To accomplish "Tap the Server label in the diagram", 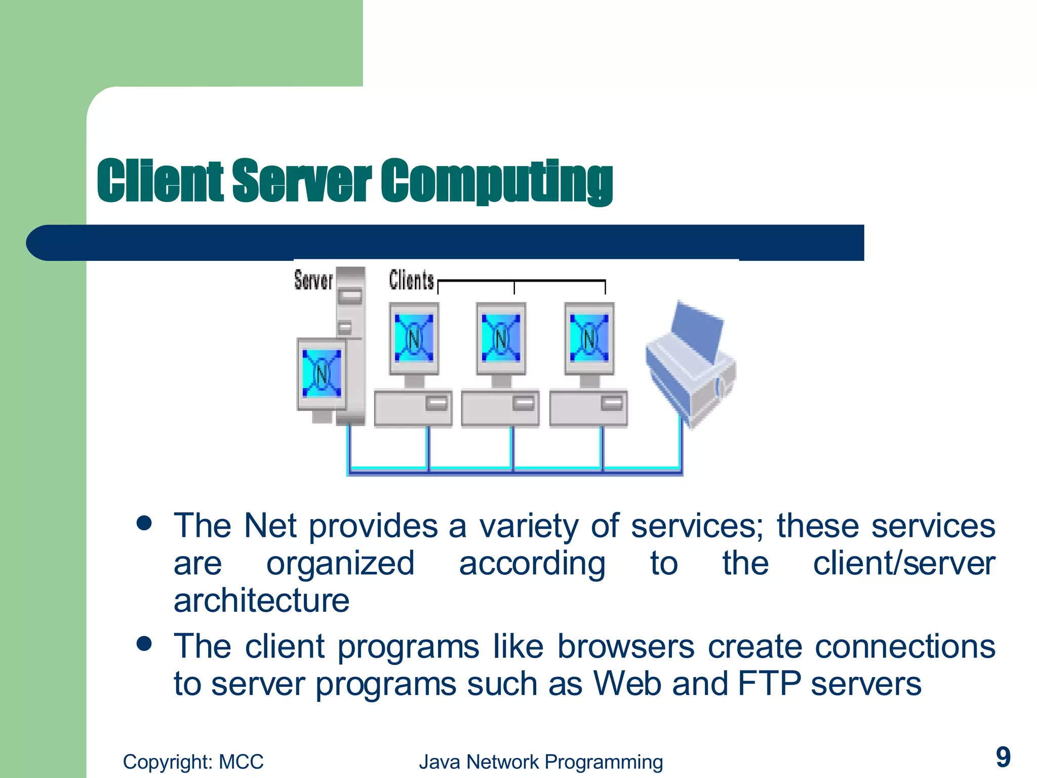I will pyautogui.click(x=313, y=280).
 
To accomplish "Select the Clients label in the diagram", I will pyautogui.click(x=411, y=280).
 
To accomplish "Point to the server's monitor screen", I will pyautogui.click(x=322, y=374).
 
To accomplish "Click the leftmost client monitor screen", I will pyautogui.click(x=414, y=338).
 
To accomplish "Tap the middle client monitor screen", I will pyautogui.click(x=501, y=338).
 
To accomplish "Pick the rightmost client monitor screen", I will pyautogui.click(x=589, y=338).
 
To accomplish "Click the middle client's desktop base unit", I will pyautogui.click(x=500, y=408).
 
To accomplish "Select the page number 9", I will pyautogui.click(x=1003, y=757).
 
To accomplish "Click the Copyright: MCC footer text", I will pyautogui.click(x=193, y=762).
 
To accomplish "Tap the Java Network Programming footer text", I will pyautogui.click(x=541, y=762).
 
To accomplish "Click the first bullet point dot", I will pyautogui.click(x=144, y=523).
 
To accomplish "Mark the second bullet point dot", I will pyautogui.click(x=144, y=643).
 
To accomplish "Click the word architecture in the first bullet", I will pyautogui.click(x=261, y=601).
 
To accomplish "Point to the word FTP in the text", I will pyautogui.click(x=769, y=684).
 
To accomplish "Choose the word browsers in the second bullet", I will pyautogui.click(x=626, y=647).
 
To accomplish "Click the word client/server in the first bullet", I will pyautogui.click(x=904, y=563).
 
